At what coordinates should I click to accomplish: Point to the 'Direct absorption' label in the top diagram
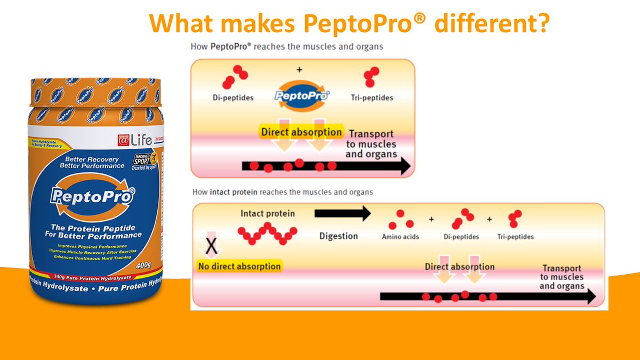click(301, 132)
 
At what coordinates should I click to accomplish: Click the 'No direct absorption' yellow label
click(239, 266)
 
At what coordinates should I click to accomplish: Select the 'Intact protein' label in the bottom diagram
click(268, 214)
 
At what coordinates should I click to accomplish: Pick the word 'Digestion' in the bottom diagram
click(339, 236)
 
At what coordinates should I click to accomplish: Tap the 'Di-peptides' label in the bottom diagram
click(462, 237)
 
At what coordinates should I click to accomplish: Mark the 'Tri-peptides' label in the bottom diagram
click(515, 237)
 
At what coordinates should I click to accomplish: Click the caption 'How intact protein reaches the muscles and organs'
click(282, 191)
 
